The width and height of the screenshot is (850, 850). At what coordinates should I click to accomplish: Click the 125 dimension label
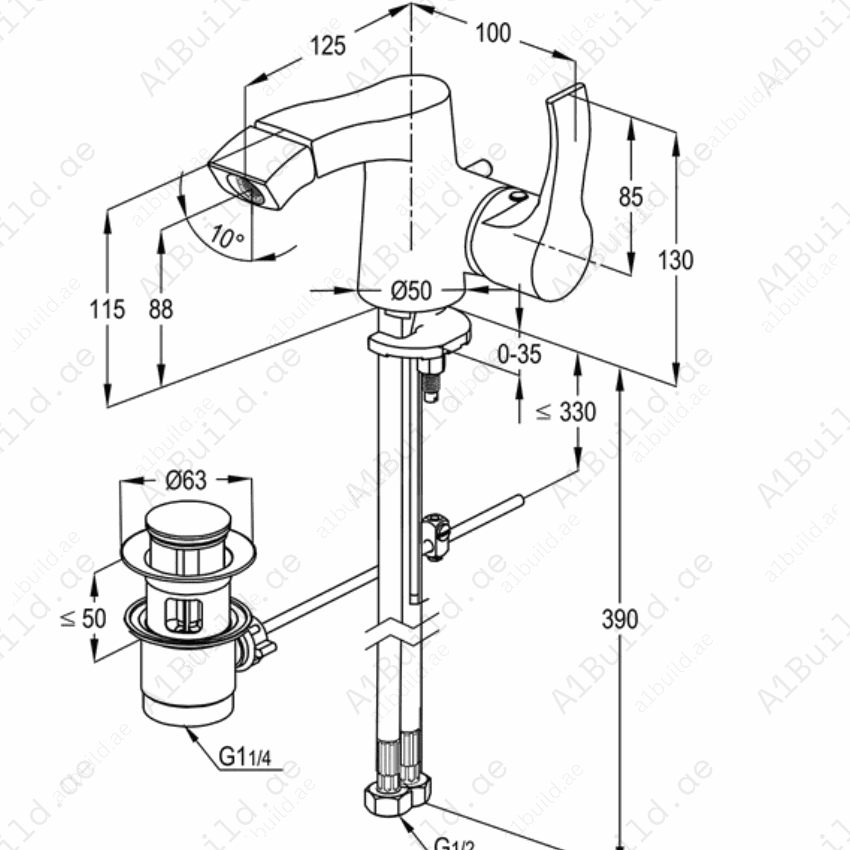click(328, 46)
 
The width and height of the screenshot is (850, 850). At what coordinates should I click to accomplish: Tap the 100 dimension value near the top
click(493, 33)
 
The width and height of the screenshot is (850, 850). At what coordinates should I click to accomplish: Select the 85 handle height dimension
click(631, 196)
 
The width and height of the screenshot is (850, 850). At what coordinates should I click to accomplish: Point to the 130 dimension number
click(675, 260)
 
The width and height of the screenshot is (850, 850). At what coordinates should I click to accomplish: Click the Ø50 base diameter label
click(411, 291)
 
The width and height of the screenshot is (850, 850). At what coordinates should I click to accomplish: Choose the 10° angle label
click(226, 236)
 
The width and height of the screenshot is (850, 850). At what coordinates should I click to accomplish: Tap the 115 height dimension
click(107, 310)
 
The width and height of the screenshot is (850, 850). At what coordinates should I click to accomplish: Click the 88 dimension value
click(161, 310)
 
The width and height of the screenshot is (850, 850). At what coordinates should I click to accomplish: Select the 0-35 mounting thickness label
click(519, 354)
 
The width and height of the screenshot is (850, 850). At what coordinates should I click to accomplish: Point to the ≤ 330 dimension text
click(566, 412)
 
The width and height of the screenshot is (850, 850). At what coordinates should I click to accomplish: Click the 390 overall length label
click(620, 619)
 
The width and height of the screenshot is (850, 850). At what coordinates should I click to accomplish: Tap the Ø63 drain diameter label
click(186, 481)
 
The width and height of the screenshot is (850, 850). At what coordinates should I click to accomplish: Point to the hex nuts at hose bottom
click(397, 798)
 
